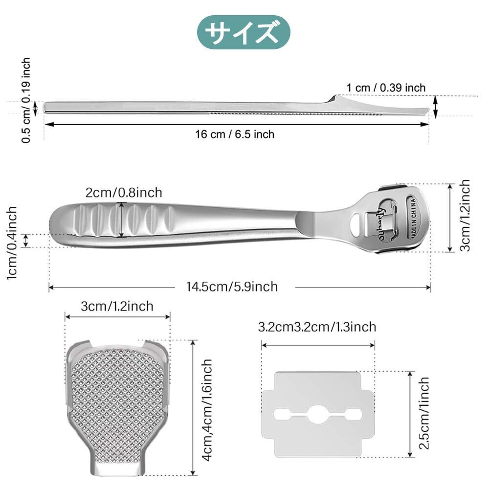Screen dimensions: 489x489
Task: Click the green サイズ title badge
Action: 244,32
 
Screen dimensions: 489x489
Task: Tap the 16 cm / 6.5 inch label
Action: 235,134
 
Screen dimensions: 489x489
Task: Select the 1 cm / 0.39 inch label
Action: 386,88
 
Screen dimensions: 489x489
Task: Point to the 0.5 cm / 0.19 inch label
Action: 26,100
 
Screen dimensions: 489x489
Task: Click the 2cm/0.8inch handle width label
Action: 124,193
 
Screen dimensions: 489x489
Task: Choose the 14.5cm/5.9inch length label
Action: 232,287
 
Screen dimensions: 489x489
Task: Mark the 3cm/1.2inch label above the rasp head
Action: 117,306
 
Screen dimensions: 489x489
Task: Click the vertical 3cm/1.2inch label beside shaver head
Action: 465,215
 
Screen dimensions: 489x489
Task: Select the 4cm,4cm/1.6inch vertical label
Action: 207,410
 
